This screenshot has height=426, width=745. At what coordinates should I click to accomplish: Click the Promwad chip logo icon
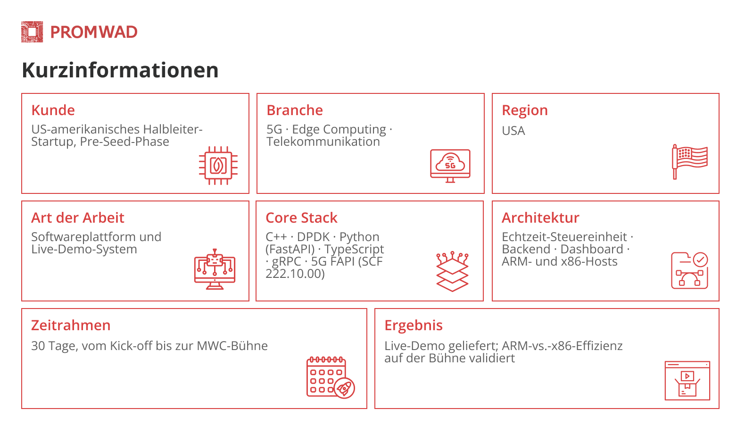coord(32,32)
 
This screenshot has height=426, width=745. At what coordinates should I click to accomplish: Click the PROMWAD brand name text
coord(94,32)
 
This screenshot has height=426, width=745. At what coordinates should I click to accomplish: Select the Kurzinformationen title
coord(120,70)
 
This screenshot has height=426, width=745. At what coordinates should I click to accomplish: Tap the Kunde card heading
coord(53,110)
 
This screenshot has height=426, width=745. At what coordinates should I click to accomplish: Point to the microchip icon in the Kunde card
coord(218,166)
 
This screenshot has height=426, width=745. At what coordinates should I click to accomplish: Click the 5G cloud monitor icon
coord(450,166)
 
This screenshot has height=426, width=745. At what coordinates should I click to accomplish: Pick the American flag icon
coord(689,162)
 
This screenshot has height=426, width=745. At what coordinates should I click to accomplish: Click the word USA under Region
coord(513,131)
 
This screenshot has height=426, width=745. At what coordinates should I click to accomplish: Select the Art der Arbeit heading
coord(78,218)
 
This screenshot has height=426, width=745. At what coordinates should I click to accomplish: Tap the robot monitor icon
coord(215,269)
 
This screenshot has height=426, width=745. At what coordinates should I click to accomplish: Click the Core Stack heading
coord(301,218)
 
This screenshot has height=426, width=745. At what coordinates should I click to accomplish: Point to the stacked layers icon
coord(452,272)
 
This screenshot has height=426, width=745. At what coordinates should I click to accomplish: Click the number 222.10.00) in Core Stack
coord(295,274)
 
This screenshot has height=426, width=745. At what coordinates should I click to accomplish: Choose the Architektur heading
coord(540,218)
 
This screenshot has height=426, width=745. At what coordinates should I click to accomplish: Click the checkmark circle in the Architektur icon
coord(700,259)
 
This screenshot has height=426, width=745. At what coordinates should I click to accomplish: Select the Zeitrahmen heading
coord(71,326)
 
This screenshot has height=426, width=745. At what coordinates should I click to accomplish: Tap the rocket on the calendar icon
coord(344,388)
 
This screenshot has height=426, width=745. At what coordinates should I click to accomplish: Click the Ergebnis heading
coord(414,326)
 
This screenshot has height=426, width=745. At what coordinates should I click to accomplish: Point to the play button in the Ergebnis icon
coord(687,376)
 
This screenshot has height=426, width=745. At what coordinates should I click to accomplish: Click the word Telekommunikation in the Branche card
coord(323,142)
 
